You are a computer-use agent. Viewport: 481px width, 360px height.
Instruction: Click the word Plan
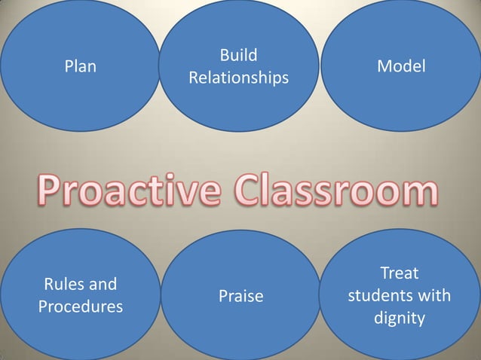coord(80,66)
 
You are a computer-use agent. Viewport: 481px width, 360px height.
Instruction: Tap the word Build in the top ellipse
coord(238,55)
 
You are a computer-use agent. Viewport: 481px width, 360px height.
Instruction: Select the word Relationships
coord(238,78)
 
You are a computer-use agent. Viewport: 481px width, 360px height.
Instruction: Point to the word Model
coord(401,66)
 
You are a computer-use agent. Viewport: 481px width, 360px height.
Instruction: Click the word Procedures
coord(80,307)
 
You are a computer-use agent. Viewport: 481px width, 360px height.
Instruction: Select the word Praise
coord(240,296)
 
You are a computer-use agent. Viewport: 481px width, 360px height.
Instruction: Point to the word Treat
coord(400,273)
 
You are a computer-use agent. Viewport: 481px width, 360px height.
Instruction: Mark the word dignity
coord(400,319)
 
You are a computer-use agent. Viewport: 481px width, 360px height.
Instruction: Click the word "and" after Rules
coord(101,285)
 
